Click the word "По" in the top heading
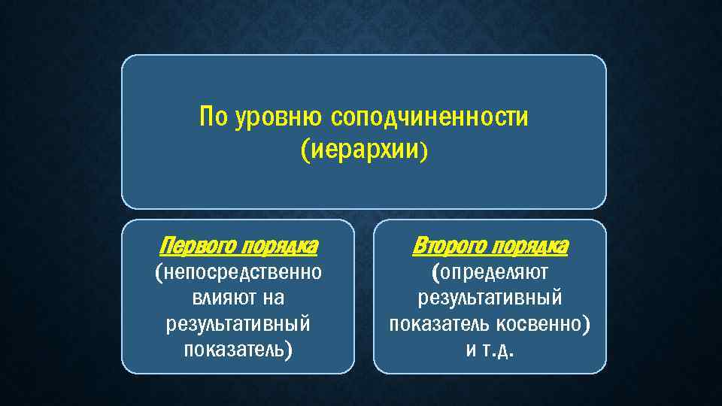214,118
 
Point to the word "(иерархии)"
363,150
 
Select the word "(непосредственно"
238,272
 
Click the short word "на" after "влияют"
273,298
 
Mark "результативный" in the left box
238,324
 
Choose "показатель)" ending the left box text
238,350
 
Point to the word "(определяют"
490,272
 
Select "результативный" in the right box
490,298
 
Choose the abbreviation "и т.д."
490,350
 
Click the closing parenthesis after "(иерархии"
423,152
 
